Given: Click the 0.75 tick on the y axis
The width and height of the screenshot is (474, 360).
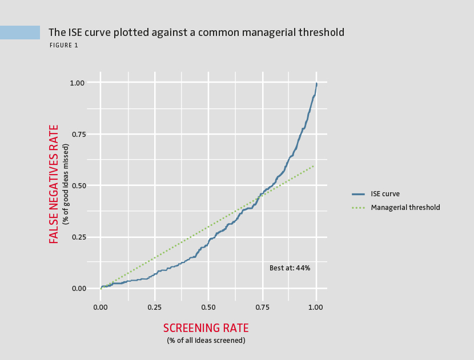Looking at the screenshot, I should click(77, 134).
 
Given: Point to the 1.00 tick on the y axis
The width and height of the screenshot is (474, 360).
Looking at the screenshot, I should click(77, 83).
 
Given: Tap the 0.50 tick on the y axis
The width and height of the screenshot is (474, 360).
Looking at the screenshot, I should click(77, 185).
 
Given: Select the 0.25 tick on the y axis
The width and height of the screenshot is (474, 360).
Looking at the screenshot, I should click(77, 237).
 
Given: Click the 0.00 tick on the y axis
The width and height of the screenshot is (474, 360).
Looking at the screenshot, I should click(77, 288).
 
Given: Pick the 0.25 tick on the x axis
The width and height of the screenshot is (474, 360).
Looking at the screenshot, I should click(154, 307).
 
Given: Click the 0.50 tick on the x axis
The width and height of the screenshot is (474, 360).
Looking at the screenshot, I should click(208, 307).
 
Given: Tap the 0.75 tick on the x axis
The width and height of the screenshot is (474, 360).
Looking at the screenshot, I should click(262, 307).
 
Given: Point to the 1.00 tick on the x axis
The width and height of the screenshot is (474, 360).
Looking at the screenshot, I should click(316, 307).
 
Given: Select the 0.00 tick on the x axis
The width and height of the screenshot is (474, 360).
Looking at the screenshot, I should click(101, 307).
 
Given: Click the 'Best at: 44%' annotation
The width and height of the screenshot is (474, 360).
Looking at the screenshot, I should click(290, 268).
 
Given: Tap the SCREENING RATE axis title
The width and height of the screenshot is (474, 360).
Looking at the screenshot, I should click(206, 328).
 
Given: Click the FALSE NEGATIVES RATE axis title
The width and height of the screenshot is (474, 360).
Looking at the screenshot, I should click(54, 184).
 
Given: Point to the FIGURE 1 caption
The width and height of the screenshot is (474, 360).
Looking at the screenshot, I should click(63, 46).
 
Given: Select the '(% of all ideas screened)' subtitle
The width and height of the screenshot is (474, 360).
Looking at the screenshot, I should click(206, 341).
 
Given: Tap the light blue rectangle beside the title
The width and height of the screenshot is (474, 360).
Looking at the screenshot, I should click(20, 33).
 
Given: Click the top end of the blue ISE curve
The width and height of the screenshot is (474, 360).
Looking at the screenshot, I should click(316, 83).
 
